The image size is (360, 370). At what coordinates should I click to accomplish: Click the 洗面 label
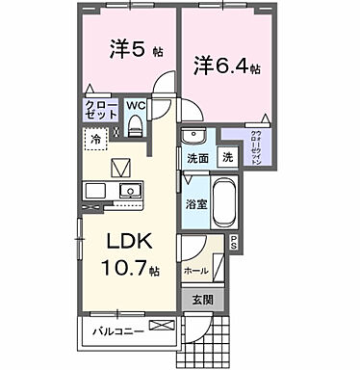(x=198, y=159)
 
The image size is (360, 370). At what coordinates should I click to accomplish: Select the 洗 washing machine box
(x=226, y=157)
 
